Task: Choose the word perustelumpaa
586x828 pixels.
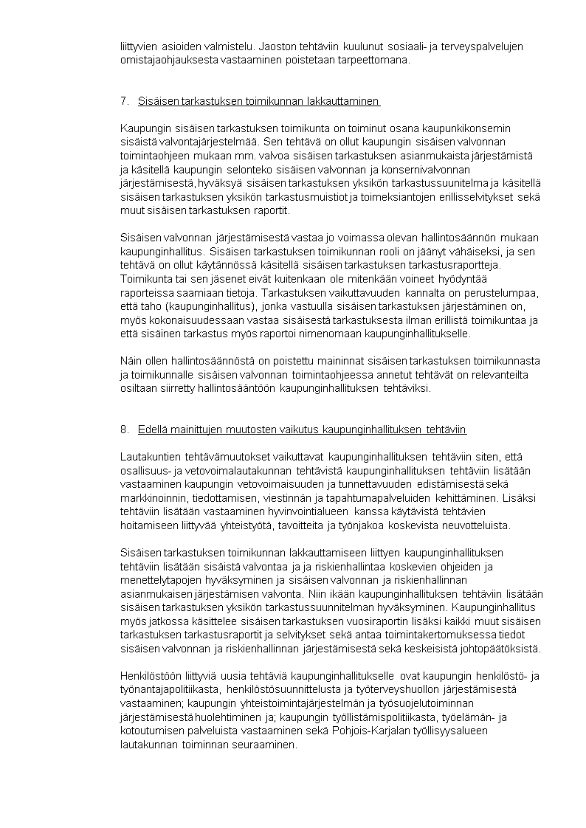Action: tap(503, 292)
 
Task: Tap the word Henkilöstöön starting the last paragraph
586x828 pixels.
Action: tap(149, 676)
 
